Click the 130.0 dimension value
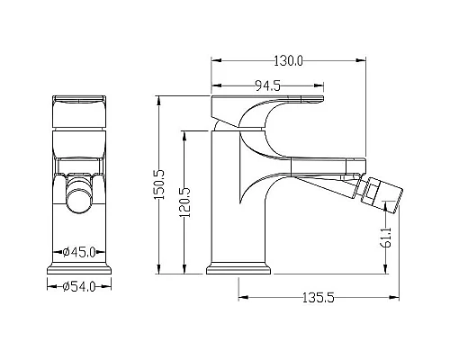tap(289, 61)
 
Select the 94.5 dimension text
tap(267, 86)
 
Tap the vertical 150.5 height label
tap(159, 184)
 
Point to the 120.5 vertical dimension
tap(184, 202)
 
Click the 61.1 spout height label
tap(387, 237)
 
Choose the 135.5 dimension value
tap(318, 298)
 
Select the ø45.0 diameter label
tap(79, 252)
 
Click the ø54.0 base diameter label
tap(79, 286)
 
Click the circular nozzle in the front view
tap(79, 200)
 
